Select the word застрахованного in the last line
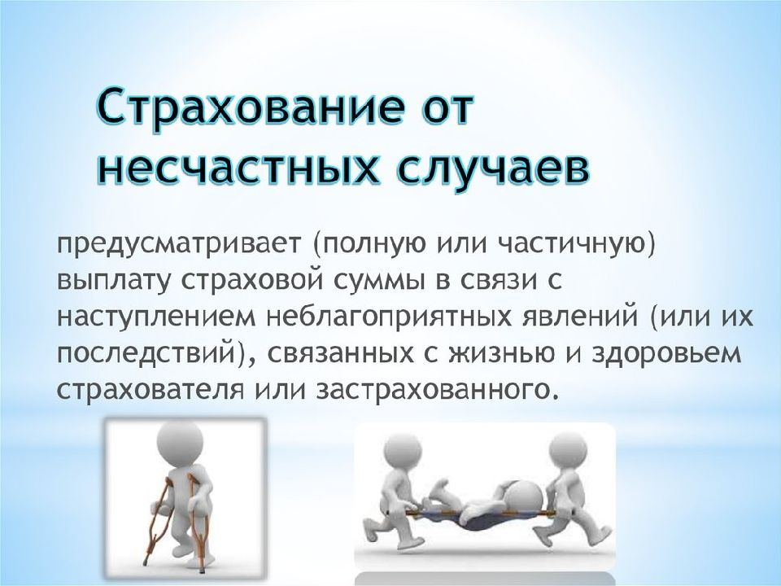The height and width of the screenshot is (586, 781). coord(434,390)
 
